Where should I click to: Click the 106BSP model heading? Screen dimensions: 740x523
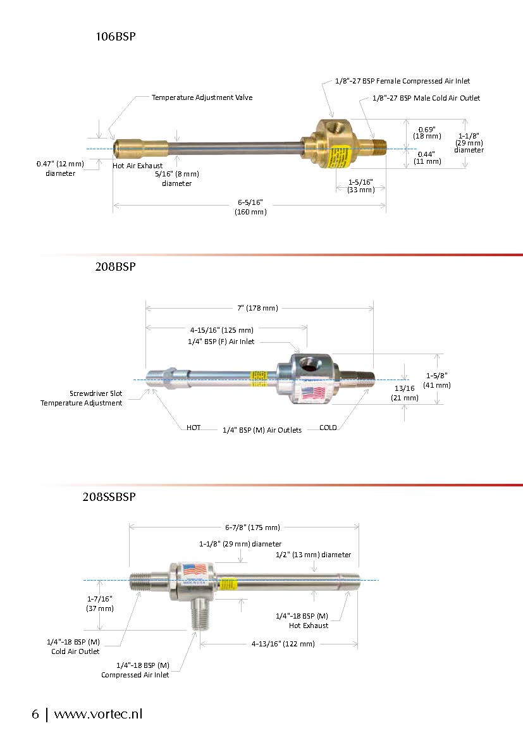coord(116,37)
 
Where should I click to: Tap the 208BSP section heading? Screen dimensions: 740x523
coord(116,266)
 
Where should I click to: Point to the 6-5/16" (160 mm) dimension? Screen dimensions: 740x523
coord(250,207)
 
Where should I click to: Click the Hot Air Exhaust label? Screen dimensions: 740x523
coord(137,166)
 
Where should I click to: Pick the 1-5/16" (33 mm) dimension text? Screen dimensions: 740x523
coord(360,186)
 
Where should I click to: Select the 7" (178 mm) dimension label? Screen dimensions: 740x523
coord(257,308)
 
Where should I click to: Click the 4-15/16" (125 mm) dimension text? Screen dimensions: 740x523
coord(221,330)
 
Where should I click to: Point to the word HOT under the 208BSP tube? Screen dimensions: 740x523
coord(194,428)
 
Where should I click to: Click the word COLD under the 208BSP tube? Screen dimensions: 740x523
coord(328,428)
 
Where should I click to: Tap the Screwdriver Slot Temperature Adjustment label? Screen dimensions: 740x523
coord(82,398)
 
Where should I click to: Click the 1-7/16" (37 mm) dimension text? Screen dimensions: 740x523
coord(100,603)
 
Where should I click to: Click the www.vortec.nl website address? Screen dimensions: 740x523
coord(98,714)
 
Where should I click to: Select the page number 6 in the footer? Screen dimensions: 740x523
coord(35,714)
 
